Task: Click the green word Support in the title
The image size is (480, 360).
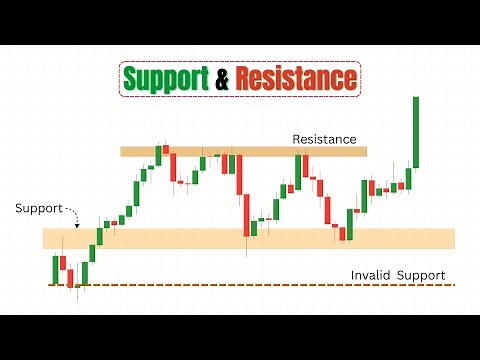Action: [x=165, y=78]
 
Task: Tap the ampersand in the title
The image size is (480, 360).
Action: [x=221, y=78]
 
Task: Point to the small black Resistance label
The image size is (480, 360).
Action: [x=324, y=139]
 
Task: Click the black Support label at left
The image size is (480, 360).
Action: [x=38, y=209]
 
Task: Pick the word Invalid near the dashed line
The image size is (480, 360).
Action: [x=369, y=275]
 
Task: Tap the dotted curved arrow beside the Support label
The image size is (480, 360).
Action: [x=71, y=212]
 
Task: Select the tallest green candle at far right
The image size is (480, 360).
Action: [x=415, y=132]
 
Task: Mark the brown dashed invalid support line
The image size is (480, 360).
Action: [x=250, y=285]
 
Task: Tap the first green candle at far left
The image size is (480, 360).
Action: [x=56, y=268]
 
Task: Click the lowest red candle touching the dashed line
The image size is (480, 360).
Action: [x=71, y=278]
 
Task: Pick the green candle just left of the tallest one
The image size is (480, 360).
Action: [x=407, y=179]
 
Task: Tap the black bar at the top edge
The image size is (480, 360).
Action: [x=240, y=20]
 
